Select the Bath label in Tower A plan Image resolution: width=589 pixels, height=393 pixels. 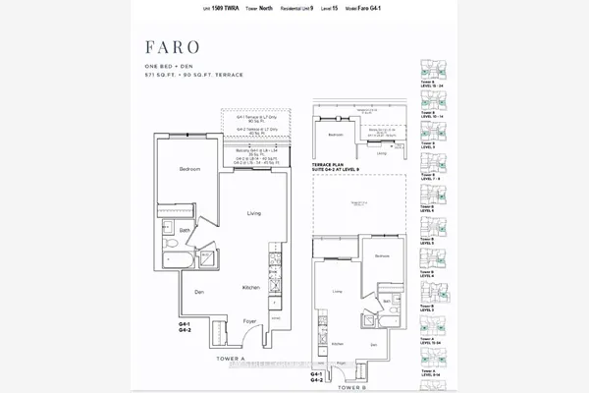click(171, 230)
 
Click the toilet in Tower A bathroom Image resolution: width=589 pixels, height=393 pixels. click(167, 242)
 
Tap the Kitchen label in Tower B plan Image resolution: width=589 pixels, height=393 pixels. click(337, 343)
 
